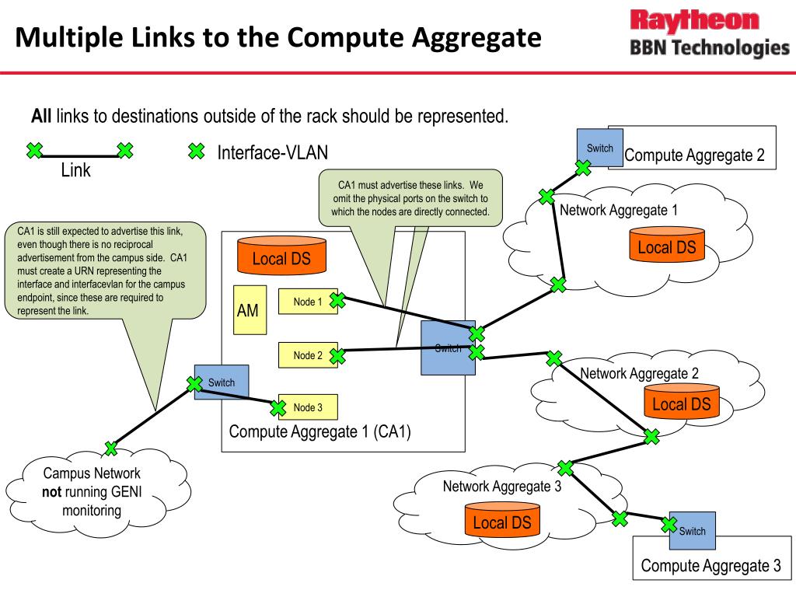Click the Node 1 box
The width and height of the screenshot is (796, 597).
[x=308, y=302]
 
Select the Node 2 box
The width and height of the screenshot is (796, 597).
[x=308, y=355]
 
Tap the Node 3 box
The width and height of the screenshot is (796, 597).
[x=308, y=407]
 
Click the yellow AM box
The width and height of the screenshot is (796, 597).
[x=250, y=310]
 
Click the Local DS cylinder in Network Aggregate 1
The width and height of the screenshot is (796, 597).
[x=666, y=246]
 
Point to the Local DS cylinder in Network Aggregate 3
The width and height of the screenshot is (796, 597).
[x=502, y=522]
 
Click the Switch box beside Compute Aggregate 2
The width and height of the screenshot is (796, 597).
[x=600, y=148]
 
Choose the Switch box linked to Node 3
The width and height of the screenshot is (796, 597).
[x=222, y=382]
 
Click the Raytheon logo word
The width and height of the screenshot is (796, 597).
[x=694, y=20]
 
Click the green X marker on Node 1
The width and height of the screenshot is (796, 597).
[x=337, y=299]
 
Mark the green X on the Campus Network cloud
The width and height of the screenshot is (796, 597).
[x=111, y=448]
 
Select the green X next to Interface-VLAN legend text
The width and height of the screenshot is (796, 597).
[x=197, y=152]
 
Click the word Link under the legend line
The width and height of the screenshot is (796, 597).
[x=76, y=169]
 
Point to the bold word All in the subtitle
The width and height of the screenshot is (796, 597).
[x=41, y=117]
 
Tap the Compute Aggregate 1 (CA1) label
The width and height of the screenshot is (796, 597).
[x=319, y=431]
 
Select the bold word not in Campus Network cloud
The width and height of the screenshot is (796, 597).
[x=51, y=491]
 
